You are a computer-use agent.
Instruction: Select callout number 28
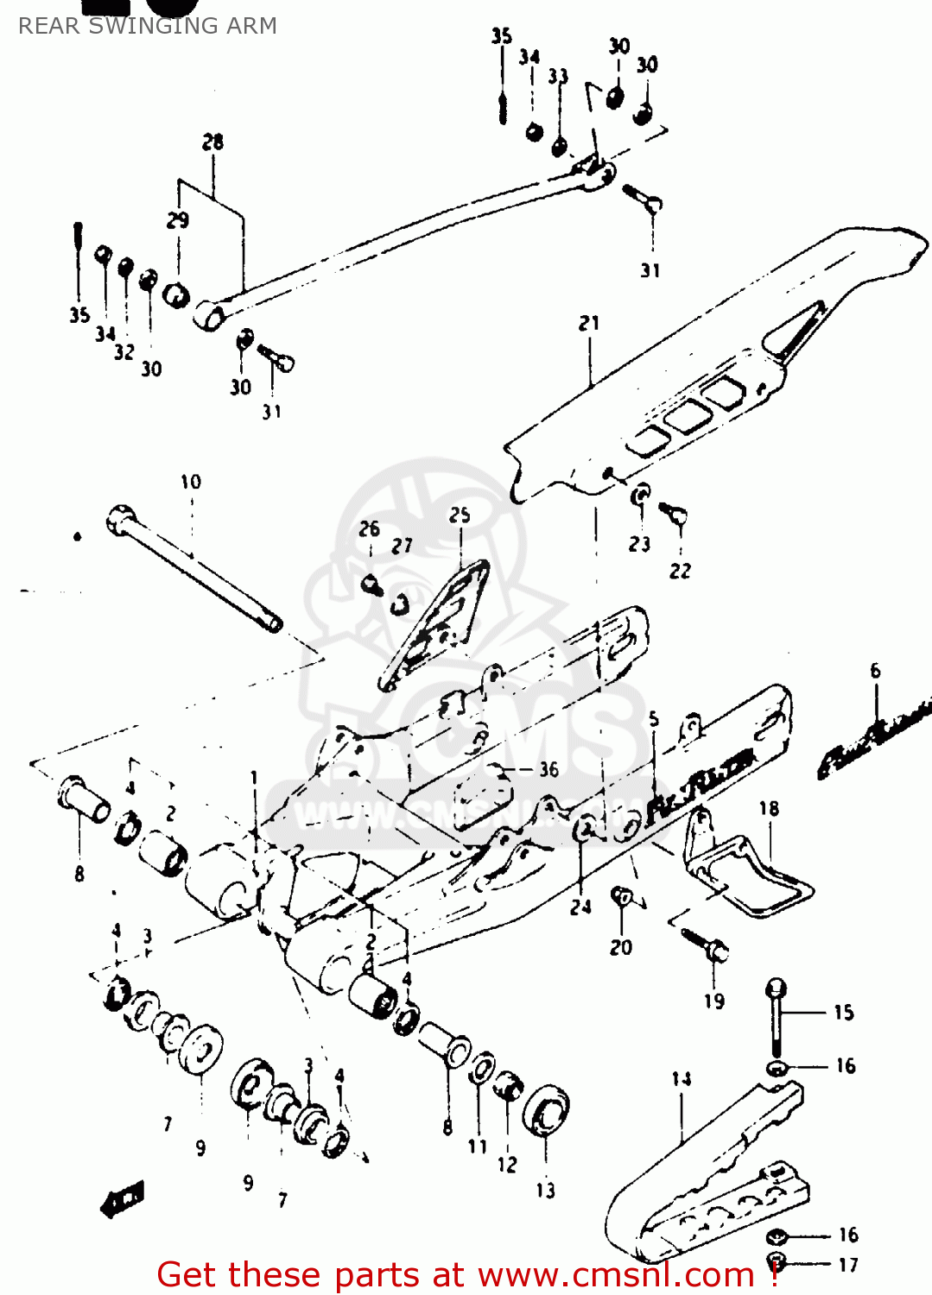click(x=212, y=142)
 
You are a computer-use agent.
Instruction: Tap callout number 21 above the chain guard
click(x=589, y=324)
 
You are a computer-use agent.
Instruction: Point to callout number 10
click(x=191, y=482)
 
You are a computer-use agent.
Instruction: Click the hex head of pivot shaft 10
click(x=119, y=519)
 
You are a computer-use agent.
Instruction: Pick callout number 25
click(x=460, y=515)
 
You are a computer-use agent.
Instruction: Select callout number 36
click(x=548, y=769)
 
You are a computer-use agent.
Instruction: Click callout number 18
click(x=769, y=809)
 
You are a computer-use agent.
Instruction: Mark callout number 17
click(x=848, y=1265)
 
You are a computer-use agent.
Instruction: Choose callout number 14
click(x=682, y=1078)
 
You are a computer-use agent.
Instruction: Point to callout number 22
click(x=680, y=571)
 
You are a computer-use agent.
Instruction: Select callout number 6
click(x=875, y=671)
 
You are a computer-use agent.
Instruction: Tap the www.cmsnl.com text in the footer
click(x=616, y=1275)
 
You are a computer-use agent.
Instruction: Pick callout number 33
click(x=558, y=76)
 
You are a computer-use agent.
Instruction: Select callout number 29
click(x=178, y=220)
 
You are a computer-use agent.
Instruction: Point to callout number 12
click(x=507, y=1165)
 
